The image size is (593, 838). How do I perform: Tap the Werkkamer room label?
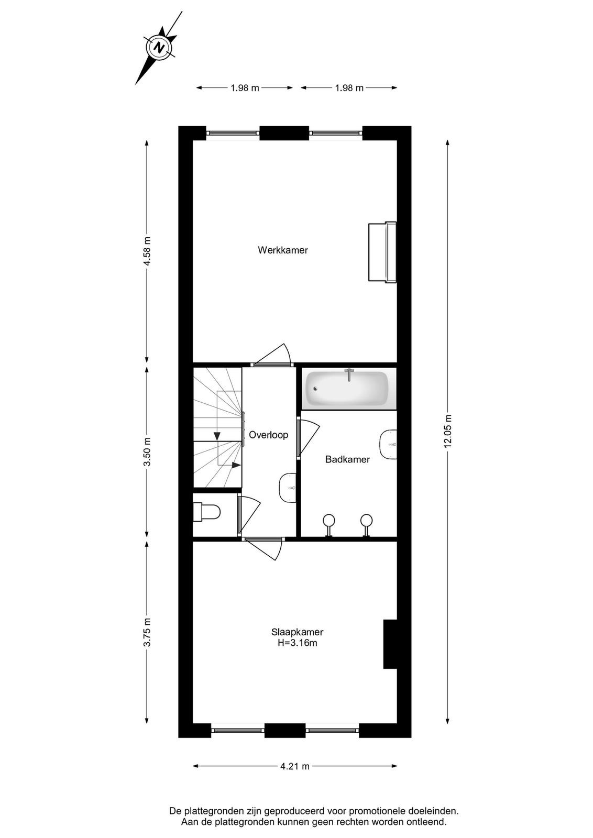282,250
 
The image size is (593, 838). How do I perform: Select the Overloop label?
269,435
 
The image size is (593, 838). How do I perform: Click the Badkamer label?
347,459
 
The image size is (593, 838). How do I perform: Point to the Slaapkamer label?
297,632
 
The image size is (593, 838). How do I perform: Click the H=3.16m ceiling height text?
297,643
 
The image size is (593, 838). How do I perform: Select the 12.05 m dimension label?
448,431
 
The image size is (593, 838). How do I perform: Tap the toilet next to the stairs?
206,512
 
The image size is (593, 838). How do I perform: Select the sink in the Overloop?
288,488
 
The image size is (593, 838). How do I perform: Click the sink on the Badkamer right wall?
388,444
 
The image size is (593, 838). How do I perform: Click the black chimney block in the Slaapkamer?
390,644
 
